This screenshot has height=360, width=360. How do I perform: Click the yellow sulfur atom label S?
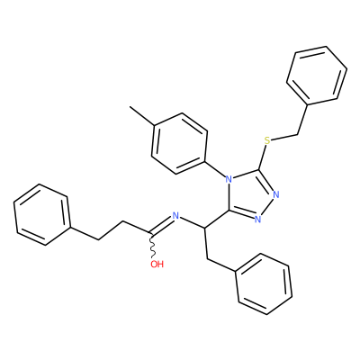pyautogui.click(x=267, y=140)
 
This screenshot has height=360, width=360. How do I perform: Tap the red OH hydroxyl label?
pyautogui.click(x=157, y=264)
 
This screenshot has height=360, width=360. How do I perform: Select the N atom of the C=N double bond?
pyautogui.click(x=175, y=216)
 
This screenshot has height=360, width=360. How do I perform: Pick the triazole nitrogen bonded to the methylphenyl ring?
pyautogui.click(x=229, y=180)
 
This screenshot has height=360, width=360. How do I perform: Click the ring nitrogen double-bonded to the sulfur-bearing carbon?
pyautogui.click(x=276, y=194)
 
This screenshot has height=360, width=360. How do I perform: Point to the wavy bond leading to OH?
pyautogui.click(x=152, y=245)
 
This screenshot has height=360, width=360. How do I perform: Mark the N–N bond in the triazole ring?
pyautogui.click(x=267, y=207)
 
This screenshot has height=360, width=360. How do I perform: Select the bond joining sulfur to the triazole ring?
pyautogui.click(x=263, y=157)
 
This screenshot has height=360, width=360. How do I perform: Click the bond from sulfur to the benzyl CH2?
pyautogui.click(x=284, y=137)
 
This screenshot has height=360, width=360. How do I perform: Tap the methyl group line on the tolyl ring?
pyautogui.click(x=141, y=116)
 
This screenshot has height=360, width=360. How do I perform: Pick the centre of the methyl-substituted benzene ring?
pyautogui.click(x=179, y=143)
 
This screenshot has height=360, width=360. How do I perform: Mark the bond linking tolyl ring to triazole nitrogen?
pyautogui.click(x=215, y=169)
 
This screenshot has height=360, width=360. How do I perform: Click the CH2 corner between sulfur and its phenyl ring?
pyautogui.click(x=298, y=134)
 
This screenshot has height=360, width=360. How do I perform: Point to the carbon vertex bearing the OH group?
pyautogui.click(x=149, y=233)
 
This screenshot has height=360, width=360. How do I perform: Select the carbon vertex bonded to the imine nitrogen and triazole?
pyautogui.click(x=204, y=229)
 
